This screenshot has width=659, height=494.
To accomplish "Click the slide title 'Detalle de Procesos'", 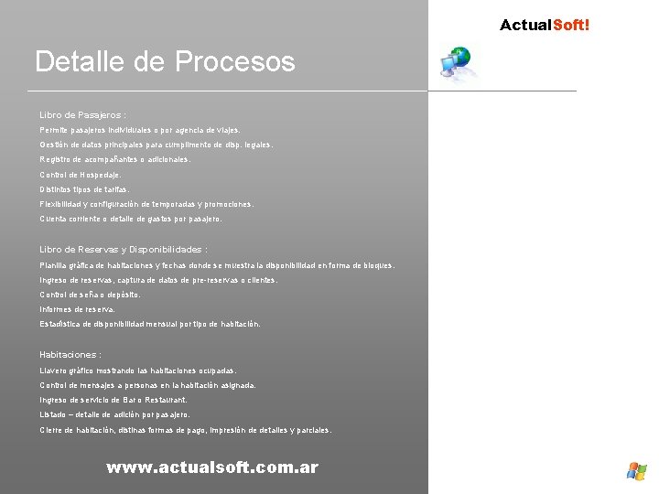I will pyautogui.click(x=165, y=62).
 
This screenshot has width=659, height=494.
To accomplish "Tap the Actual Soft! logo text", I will pyautogui.click(x=545, y=25).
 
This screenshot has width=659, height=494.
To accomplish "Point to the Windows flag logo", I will pyautogui.click(x=636, y=470).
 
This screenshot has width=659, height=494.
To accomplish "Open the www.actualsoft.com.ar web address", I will pyautogui.click(x=212, y=467).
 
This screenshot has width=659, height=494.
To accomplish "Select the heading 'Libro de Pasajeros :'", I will pyautogui.click(x=82, y=115).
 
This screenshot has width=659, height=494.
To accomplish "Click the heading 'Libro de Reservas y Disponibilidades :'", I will pyautogui.click(x=124, y=250).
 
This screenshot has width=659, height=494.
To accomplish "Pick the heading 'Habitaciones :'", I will pyautogui.click(x=70, y=355).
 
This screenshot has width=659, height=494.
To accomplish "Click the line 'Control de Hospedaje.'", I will pyautogui.click(x=80, y=175).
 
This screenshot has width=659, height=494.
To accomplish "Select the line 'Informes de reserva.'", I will pyautogui.click(x=77, y=309).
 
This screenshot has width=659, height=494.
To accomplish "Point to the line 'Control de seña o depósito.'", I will pyautogui.click(x=90, y=295).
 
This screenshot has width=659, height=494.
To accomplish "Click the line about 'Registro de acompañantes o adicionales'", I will pyautogui.click(x=115, y=159).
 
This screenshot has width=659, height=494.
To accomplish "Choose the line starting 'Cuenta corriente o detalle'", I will pyautogui.click(x=131, y=220).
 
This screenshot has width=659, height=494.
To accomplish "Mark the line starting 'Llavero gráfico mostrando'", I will pyautogui.click(x=137, y=370).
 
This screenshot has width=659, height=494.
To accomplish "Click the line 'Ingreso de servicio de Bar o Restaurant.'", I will pyautogui.click(x=113, y=400).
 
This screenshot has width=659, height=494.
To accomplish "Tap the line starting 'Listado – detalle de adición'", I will pyautogui.click(x=114, y=414).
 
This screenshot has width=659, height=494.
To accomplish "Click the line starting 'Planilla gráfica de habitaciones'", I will pyautogui.click(x=217, y=265).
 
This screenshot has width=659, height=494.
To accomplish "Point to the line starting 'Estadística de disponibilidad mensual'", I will pyautogui.click(x=149, y=324).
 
